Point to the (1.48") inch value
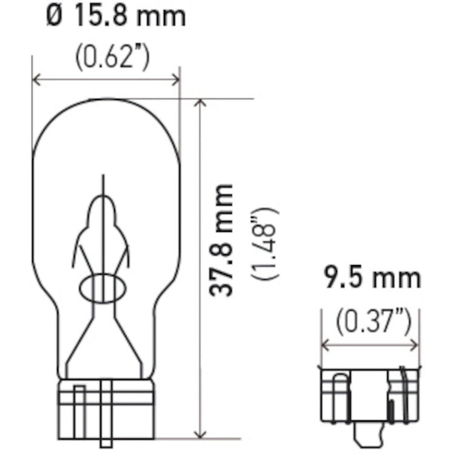pyautogui.click(x=265, y=243)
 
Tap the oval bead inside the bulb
pyautogui.click(x=104, y=288)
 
